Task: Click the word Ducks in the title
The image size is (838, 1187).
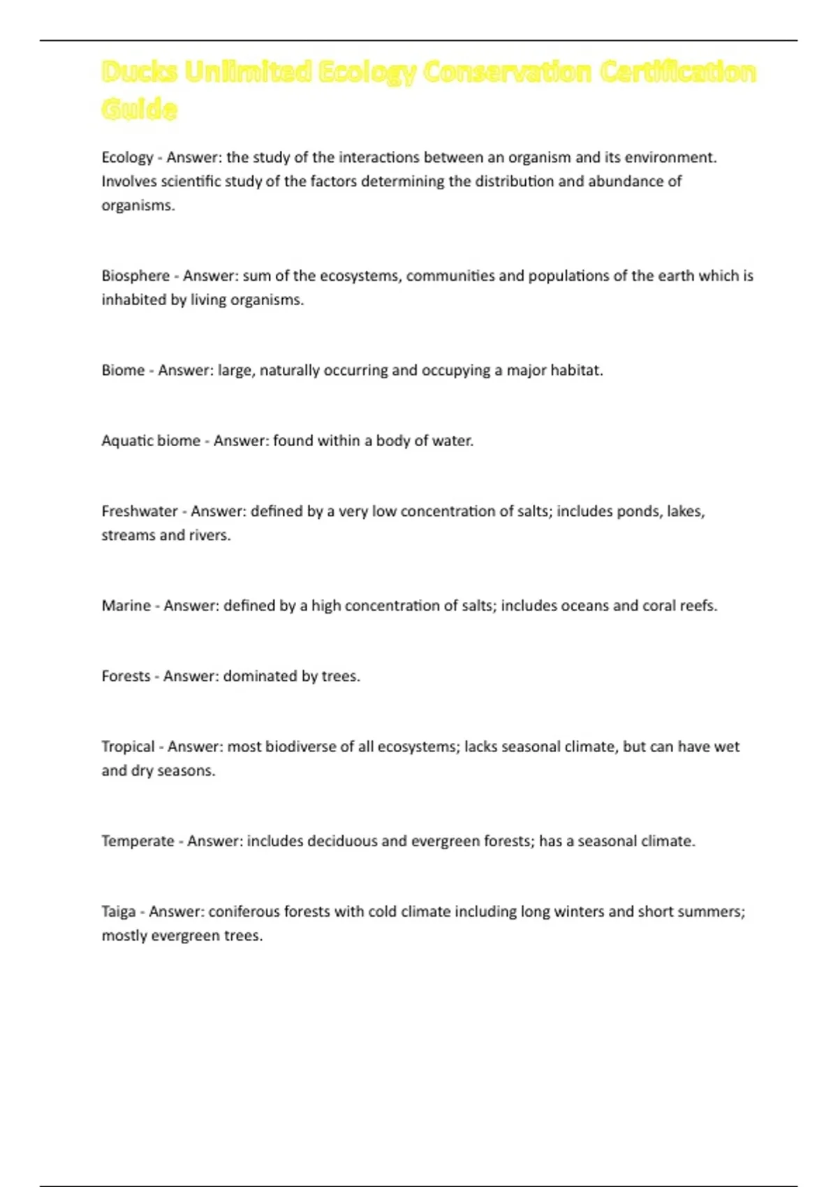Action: coord(140,72)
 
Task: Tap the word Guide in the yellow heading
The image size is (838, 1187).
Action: coord(139,109)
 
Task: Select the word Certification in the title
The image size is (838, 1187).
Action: coord(677,72)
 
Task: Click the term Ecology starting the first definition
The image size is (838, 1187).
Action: coord(127,158)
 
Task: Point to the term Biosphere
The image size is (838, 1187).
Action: coord(135,276)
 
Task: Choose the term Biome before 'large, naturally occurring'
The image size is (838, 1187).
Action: coord(123,370)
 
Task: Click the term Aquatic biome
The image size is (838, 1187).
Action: coord(151,441)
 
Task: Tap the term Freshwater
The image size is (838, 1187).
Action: coord(140,511)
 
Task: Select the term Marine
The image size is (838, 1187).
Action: coord(126,605)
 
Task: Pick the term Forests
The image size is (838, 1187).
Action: coord(126,676)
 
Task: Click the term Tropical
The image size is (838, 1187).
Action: coord(128,746)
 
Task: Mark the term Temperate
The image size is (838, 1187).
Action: coord(138,841)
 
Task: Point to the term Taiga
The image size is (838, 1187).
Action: coord(118,911)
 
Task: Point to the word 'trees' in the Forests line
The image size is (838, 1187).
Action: coord(340,676)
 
